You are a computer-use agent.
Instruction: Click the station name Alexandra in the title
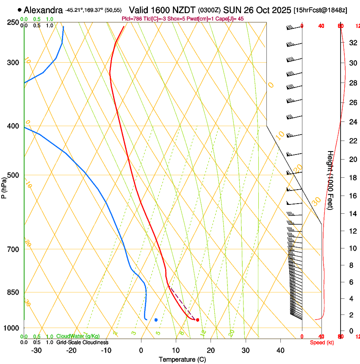click(43, 10)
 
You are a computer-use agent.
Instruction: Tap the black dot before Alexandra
click(19, 10)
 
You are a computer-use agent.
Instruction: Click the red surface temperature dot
click(198, 320)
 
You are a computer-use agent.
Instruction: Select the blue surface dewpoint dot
click(156, 320)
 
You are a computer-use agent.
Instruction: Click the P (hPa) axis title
click(4, 185)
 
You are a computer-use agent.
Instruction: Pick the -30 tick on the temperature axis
click(36, 350)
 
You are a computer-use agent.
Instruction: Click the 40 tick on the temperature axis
click(280, 350)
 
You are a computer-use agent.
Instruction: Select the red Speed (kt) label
click(322, 342)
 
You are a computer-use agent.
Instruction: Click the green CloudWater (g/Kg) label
click(78, 336)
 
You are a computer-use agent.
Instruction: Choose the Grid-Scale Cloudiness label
click(82, 342)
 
